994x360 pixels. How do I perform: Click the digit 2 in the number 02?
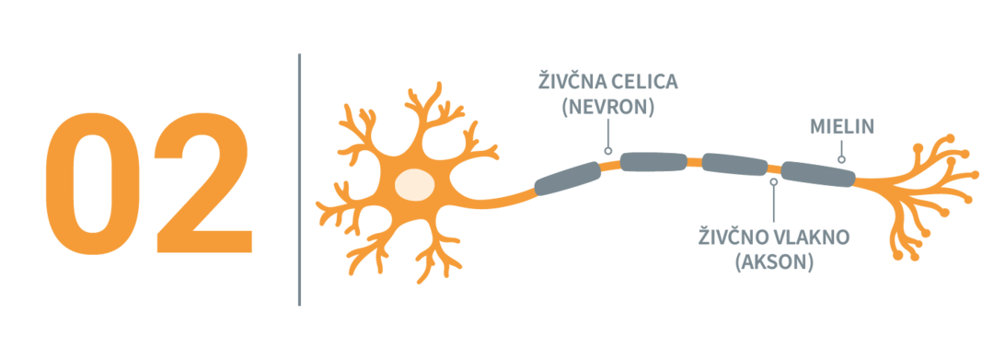(202, 184)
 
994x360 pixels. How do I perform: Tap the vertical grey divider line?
(299, 180)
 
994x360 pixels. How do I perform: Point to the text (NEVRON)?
(608, 107)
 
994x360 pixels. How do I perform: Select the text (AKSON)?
(774, 262)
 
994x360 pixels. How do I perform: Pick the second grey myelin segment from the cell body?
(653, 163)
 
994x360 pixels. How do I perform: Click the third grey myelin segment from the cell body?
(734, 164)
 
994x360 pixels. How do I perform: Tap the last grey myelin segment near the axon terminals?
(817, 174)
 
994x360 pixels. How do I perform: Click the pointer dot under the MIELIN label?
(840, 159)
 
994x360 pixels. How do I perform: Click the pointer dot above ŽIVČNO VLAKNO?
(773, 181)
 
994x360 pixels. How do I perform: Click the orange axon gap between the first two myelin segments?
(609, 165)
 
